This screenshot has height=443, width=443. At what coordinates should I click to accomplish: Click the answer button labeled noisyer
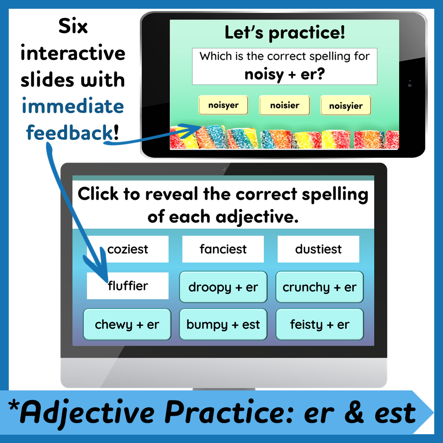[223, 105]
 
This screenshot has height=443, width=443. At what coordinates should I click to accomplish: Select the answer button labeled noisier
[285, 105]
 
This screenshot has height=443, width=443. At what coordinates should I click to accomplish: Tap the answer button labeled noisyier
[346, 106]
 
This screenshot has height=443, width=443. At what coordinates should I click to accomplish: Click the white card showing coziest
[128, 249]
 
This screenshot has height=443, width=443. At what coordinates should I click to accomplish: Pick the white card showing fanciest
[223, 249]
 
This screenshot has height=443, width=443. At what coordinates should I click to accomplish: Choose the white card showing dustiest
[318, 249]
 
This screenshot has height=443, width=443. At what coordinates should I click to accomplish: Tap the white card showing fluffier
[128, 286]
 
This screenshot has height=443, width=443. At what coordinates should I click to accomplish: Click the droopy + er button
[223, 287]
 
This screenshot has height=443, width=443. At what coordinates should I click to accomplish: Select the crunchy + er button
[319, 287]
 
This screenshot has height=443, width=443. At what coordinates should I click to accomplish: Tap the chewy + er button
[127, 324]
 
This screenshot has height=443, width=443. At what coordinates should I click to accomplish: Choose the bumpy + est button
[223, 324]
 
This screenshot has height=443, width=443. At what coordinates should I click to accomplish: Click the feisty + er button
[319, 324]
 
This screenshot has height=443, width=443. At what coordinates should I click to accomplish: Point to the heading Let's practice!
[285, 33]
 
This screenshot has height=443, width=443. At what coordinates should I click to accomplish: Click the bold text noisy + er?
[285, 74]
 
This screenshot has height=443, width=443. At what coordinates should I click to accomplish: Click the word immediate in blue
[73, 107]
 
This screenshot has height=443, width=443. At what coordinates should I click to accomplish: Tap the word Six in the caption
[73, 27]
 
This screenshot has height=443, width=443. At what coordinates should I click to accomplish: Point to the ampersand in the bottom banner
[353, 413]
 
